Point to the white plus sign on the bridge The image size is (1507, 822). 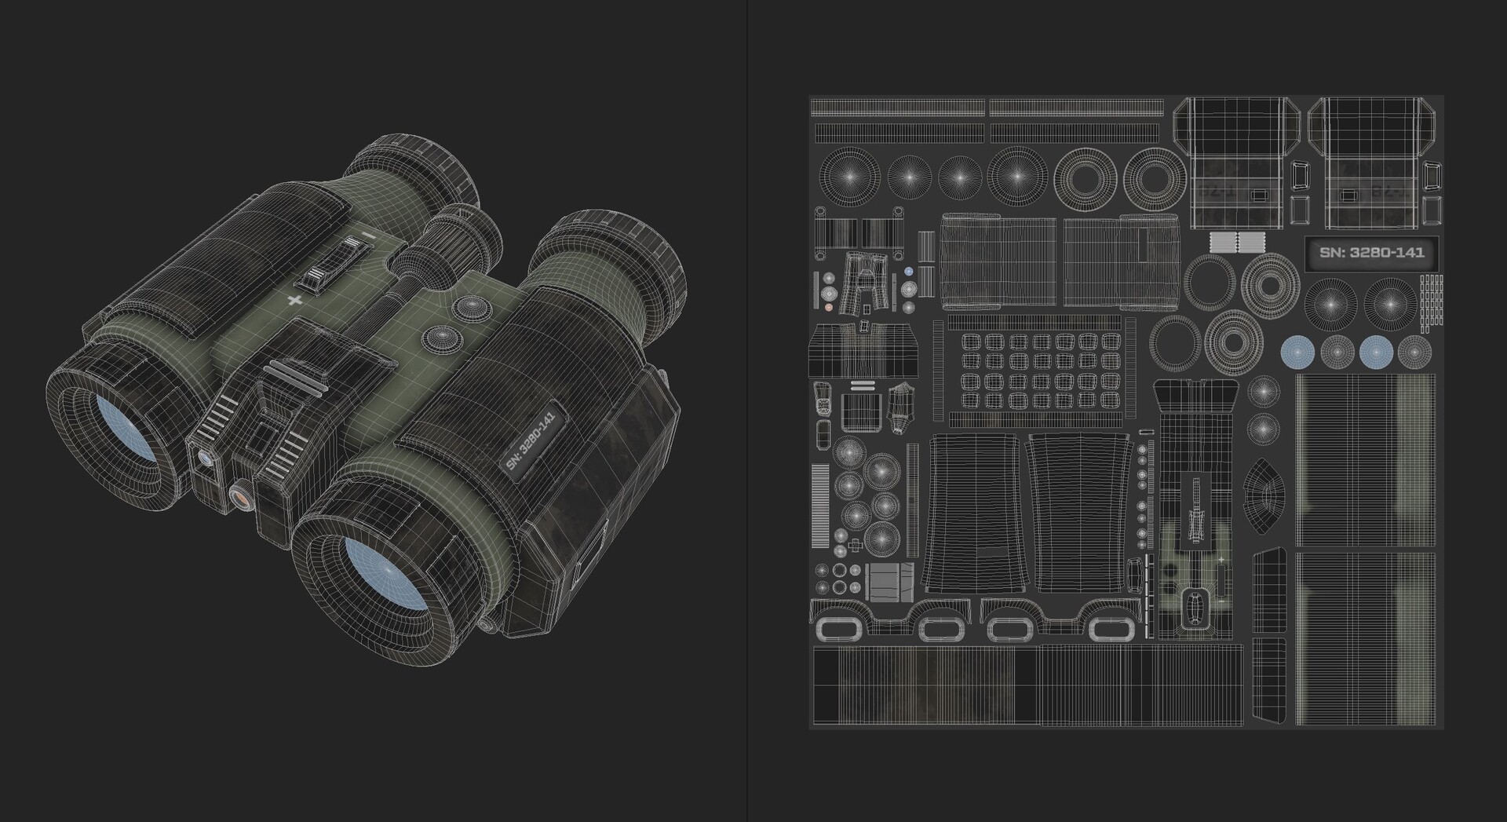point(295,301)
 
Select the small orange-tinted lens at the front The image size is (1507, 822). point(241,496)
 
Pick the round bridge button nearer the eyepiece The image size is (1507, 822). point(472,305)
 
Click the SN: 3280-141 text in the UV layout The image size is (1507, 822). point(1371,253)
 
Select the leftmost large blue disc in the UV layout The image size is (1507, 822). point(1297,352)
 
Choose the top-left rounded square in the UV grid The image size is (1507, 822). point(971,342)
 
